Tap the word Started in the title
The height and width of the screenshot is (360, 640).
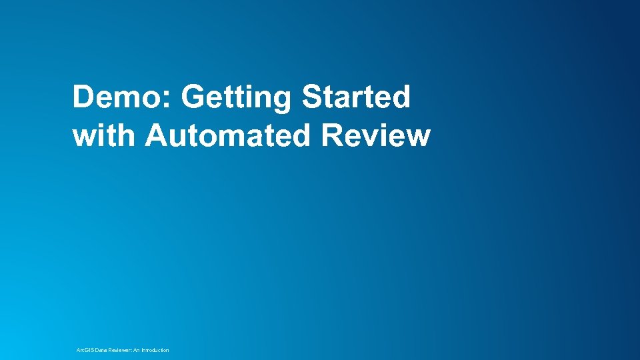pos(356,97)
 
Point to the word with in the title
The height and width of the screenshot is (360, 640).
pos(105,136)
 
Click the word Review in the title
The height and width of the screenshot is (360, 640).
pos(376,136)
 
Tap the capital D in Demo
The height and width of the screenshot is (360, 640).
pos(83,97)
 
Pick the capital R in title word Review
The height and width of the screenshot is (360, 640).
pos(332,136)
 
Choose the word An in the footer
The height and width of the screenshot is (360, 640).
pos(143,350)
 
